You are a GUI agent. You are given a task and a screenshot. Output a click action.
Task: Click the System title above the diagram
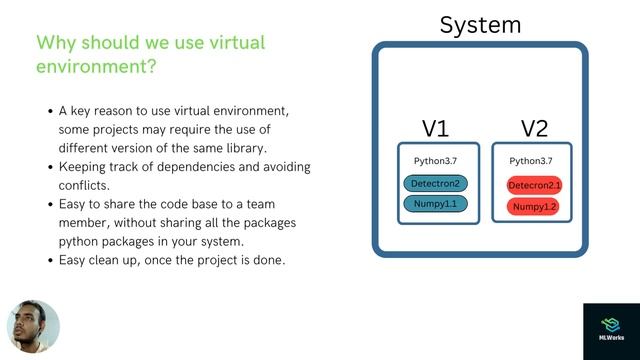[x=480, y=25]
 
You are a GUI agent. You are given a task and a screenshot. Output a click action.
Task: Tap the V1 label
[x=435, y=129]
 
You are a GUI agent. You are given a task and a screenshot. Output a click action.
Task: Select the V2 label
[x=534, y=129]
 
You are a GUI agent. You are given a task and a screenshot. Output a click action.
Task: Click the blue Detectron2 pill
[x=435, y=184]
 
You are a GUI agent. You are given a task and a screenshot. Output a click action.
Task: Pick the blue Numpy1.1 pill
[x=435, y=205]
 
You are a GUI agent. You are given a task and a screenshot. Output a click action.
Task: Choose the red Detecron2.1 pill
[x=534, y=186]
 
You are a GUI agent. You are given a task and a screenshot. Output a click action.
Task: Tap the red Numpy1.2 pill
[x=534, y=207]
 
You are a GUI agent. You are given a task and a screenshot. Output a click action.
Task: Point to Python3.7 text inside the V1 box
[x=435, y=161]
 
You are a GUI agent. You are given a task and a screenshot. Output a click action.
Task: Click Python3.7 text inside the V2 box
[x=531, y=161]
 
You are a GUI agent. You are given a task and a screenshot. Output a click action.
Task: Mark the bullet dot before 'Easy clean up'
[x=50, y=260]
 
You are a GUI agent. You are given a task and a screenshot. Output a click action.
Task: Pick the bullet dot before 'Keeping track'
[x=50, y=166]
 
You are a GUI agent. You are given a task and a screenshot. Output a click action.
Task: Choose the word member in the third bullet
[x=86, y=222]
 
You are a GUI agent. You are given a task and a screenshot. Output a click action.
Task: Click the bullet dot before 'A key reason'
[x=50, y=111]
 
